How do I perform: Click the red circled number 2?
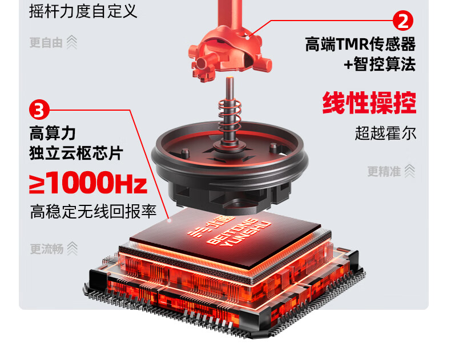pos(403,21)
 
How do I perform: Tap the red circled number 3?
pos(39,110)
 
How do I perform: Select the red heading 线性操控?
pos(369,103)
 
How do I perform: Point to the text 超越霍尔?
pos(385,133)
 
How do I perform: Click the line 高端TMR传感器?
pos(360,44)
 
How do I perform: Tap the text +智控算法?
pos(380,64)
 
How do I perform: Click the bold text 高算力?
pos(53,133)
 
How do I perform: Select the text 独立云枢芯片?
pos(76,153)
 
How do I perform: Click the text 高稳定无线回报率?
pos(93,212)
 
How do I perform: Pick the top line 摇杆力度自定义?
pos(83,11)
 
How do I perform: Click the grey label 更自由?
pos(46,43)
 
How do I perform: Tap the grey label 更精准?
pos(384,171)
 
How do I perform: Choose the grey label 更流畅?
pos(47,249)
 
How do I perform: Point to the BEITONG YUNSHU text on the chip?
pos(239,234)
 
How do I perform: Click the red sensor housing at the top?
pos(229,52)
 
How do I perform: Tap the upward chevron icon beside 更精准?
pos(410,171)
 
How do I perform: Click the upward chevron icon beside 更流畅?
pos(72,248)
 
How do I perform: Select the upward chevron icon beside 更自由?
pos(72,42)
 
